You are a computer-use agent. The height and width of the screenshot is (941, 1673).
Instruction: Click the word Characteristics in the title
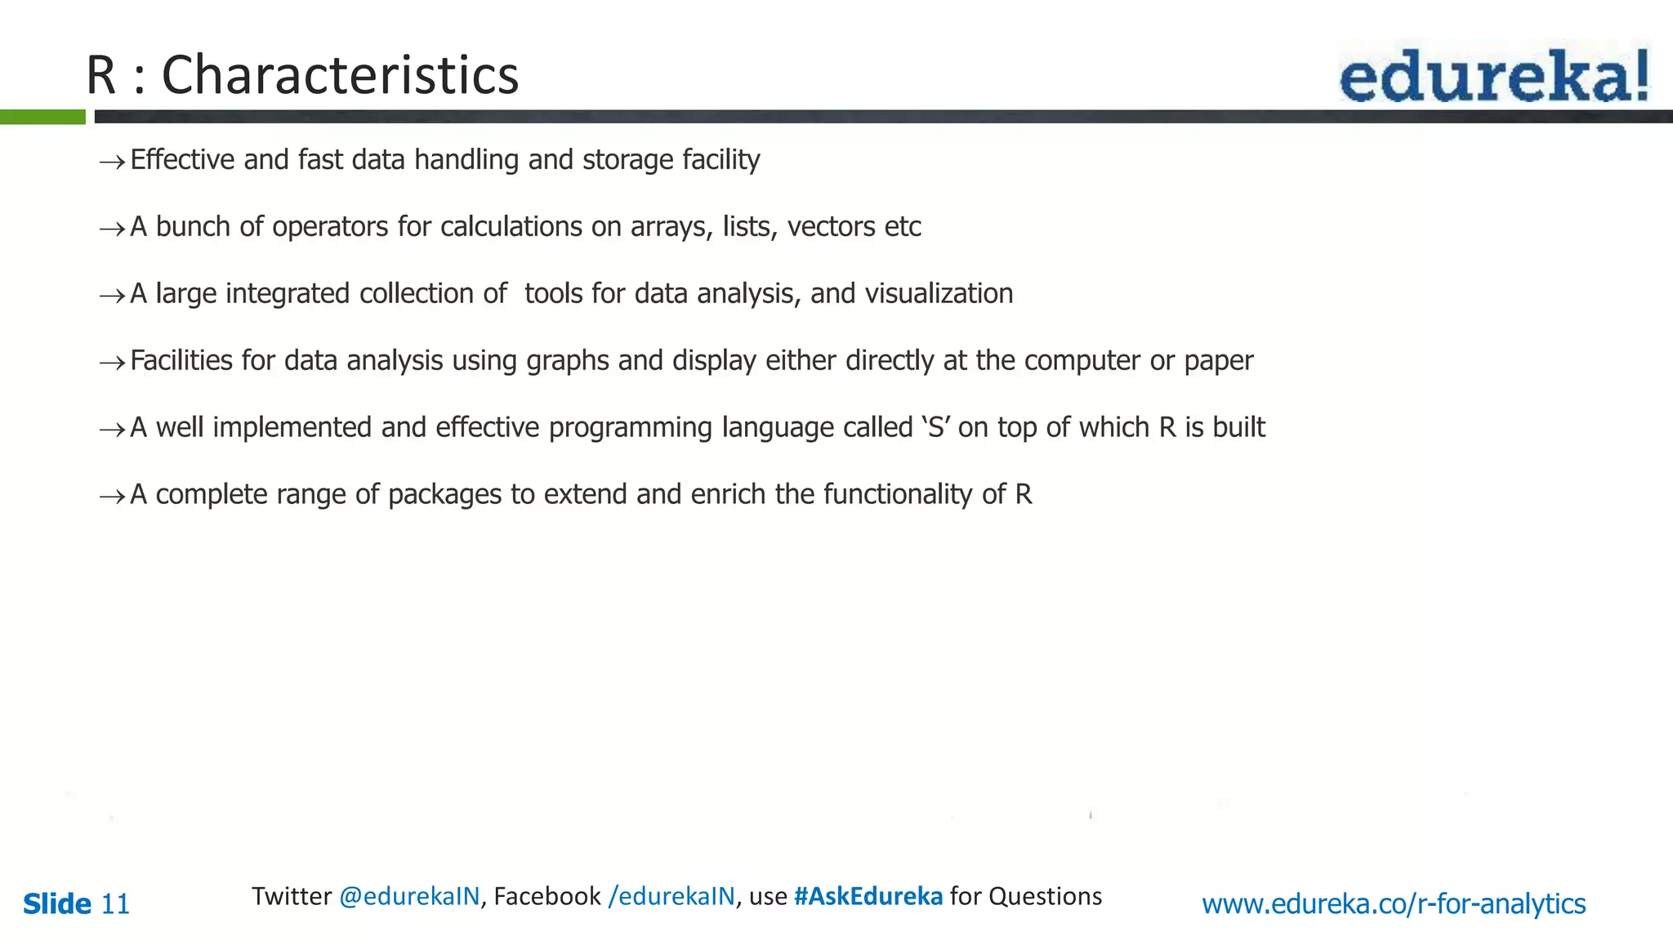click(340, 75)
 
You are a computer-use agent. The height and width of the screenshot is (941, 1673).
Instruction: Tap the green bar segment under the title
click(42, 117)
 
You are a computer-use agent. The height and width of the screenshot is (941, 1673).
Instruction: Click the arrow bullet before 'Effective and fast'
click(112, 162)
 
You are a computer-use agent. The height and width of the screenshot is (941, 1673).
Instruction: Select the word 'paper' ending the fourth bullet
click(1218, 361)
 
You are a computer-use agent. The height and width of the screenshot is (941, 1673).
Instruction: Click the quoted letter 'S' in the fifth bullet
click(936, 427)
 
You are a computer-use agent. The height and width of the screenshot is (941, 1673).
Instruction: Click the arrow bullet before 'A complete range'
click(112, 497)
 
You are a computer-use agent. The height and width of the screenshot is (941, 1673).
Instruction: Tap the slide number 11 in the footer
click(115, 904)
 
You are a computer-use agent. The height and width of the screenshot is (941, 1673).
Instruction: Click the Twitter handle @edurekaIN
click(409, 896)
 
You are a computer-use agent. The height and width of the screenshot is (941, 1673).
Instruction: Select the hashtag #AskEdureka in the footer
click(868, 896)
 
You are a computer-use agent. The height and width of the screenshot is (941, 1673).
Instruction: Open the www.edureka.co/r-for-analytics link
click(1394, 904)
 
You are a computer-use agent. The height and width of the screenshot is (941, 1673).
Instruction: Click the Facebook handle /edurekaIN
click(671, 896)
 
